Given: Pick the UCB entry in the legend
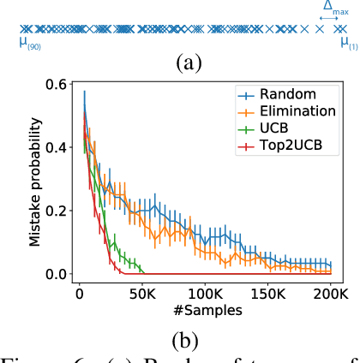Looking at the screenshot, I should pos(278,131).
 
